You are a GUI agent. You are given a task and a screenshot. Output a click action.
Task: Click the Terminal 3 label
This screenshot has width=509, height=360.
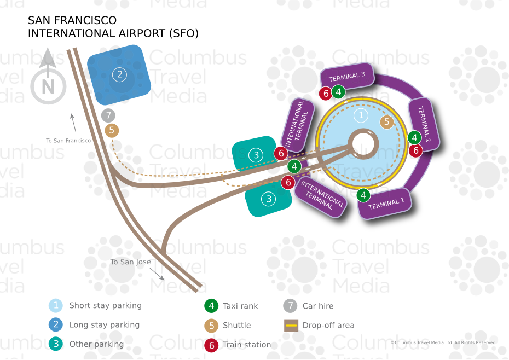[x=347, y=77]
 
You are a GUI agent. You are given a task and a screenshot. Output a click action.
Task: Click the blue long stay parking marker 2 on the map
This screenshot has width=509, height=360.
[x=119, y=75]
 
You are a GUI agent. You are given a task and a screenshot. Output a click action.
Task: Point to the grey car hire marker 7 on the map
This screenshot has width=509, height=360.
[x=109, y=115]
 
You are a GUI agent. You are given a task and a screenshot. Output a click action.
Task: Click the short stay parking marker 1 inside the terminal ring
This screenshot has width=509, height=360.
[x=361, y=115]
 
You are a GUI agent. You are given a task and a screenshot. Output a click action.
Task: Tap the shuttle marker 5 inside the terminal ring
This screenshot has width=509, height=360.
[x=387, y=122]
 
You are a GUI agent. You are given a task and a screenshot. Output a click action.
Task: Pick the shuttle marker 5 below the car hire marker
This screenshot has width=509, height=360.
[x=112, y=130]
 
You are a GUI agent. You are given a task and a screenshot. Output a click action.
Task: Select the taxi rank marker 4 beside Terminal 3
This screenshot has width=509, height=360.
[x=339, y=91]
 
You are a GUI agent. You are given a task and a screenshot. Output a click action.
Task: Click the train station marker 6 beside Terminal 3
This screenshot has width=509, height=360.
[x=326, y=94]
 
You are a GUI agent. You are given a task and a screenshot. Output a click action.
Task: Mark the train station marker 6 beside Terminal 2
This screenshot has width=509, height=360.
[x=416, y=150]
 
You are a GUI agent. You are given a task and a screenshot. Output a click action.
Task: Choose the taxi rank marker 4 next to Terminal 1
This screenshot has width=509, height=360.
[x=363, y=195]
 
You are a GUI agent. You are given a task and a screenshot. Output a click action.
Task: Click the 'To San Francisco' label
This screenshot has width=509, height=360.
[x=68, y=141]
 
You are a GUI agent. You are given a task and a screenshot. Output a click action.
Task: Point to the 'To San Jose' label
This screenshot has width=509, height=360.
[x=130, y=262]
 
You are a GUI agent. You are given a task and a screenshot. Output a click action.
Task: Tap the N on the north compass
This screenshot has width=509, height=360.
[x=48, y=87]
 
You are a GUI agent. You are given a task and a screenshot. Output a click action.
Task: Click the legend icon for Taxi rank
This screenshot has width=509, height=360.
[x=211, y=306]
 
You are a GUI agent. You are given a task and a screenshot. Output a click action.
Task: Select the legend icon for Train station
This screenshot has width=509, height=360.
[x=211, y=345]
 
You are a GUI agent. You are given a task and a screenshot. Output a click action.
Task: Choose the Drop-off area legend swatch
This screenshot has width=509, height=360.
[x=291, y=326]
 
